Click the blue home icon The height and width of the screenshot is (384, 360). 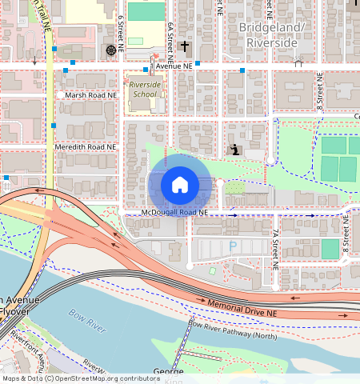180,185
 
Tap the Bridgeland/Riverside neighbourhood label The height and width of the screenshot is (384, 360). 272,34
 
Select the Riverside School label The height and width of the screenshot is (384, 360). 145,89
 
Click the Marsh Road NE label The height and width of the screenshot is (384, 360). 90,94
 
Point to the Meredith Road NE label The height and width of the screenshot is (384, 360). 86,147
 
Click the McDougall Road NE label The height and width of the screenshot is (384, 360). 174,213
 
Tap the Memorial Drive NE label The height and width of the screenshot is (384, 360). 242,306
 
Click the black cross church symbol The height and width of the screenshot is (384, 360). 185,47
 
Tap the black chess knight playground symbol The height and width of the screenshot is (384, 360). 234,150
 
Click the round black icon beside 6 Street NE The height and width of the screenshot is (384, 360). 110,50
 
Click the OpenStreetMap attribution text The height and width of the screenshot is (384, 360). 81,378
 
